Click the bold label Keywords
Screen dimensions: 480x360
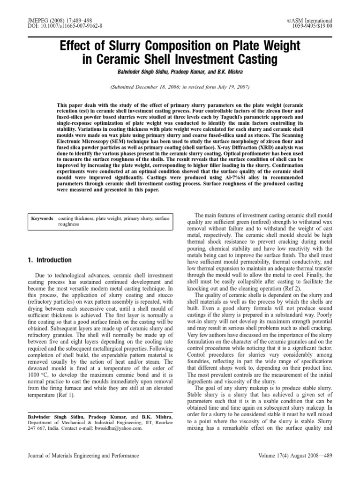tap(42, 218)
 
